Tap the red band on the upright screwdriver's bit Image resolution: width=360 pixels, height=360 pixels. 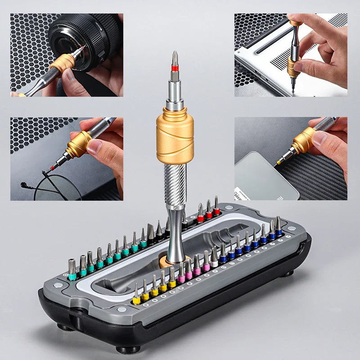point(175,69)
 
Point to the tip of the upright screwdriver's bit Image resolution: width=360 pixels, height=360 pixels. point(175,54)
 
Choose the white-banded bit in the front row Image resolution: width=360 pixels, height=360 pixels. point(214,258)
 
